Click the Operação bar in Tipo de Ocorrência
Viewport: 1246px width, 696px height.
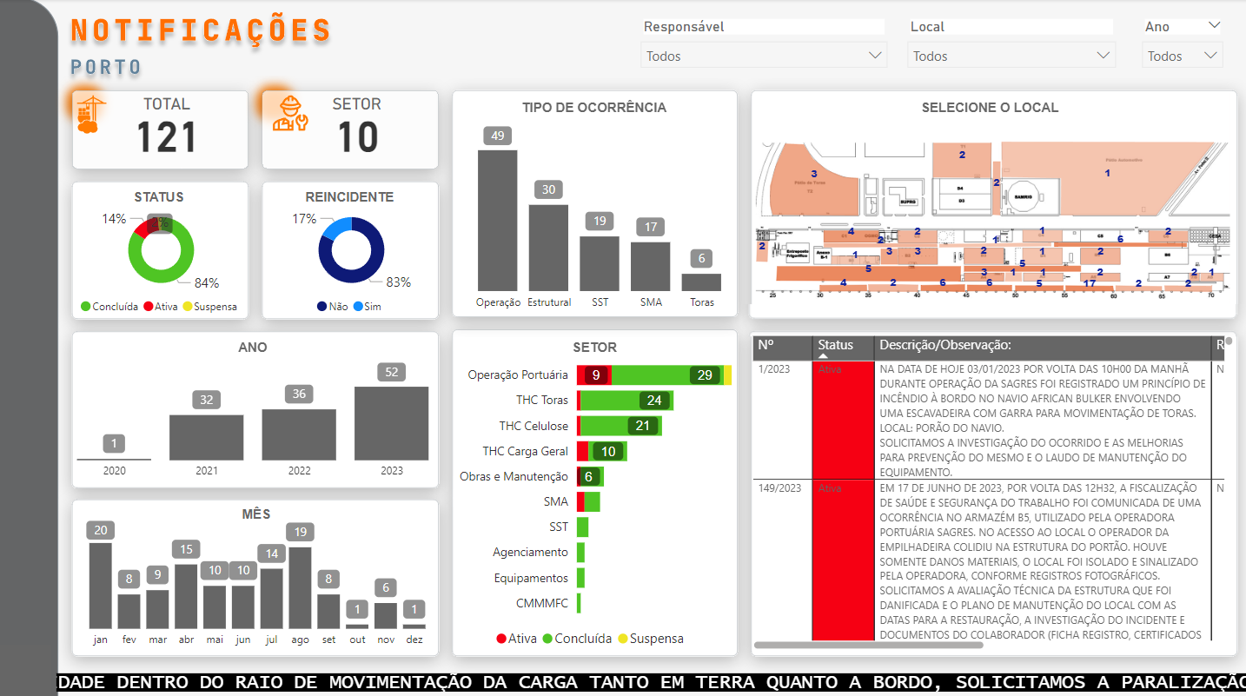[497, 221]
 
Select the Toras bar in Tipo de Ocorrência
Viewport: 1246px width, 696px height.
[701, 282]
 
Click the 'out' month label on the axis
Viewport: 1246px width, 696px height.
[357, 640]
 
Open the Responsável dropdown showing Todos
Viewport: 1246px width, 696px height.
[764, 56]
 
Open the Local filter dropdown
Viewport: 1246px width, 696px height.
[1011, 56]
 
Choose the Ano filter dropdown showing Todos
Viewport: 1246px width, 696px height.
[1182, 56]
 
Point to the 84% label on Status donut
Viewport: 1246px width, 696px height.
[207, 283]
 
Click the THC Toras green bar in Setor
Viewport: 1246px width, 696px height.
[626, 401]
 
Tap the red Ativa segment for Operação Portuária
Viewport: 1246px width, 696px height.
[594, 375]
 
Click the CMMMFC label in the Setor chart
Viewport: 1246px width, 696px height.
[542, 603]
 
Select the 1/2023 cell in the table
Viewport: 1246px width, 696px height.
[774, 369]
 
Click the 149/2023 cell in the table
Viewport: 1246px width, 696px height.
[779, 488]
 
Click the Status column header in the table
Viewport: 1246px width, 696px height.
[836, 345]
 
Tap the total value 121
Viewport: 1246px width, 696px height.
[167, 137]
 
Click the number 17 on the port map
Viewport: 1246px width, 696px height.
[1089, 283]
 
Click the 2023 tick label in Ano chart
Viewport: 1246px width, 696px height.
[392, 471]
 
